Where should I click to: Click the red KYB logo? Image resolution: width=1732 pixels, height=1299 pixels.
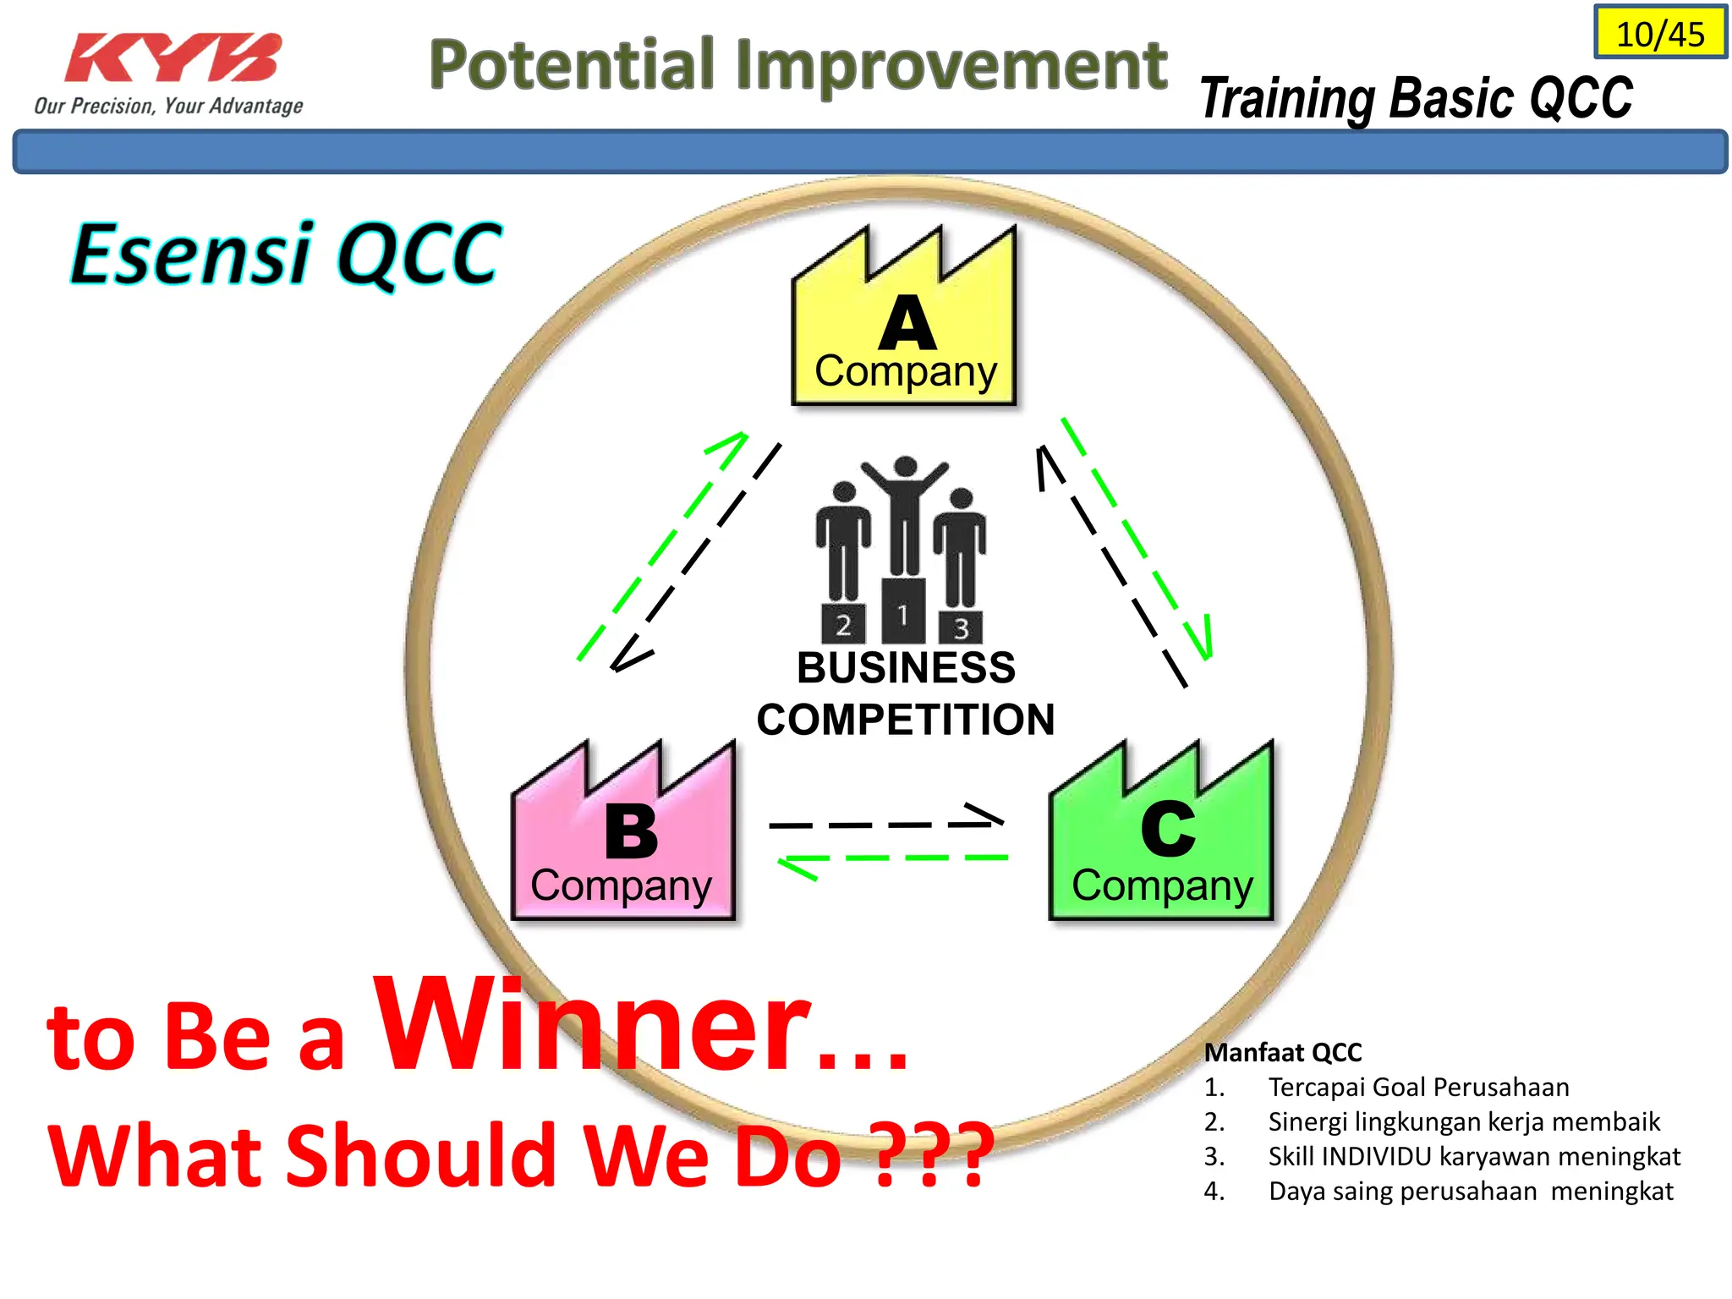tap(173, 59)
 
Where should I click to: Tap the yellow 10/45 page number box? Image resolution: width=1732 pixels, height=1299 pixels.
tap(1660, 34)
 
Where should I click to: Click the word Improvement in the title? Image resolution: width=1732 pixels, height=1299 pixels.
tap(951, 65)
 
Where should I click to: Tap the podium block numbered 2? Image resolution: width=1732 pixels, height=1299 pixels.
tap(843, 625)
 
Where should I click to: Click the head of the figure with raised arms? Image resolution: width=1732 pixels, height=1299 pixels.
tap(905, 467)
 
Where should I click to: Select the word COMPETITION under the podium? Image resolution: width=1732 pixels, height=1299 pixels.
tap(905, 720)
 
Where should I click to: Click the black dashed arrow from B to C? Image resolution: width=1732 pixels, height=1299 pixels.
tap(884, 824)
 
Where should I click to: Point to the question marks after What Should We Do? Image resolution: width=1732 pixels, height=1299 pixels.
tap(930, 1154)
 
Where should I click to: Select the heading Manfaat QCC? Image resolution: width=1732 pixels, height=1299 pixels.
tap(1282, 1052)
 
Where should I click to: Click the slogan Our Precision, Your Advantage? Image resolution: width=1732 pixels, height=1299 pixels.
tap(168, 106)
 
